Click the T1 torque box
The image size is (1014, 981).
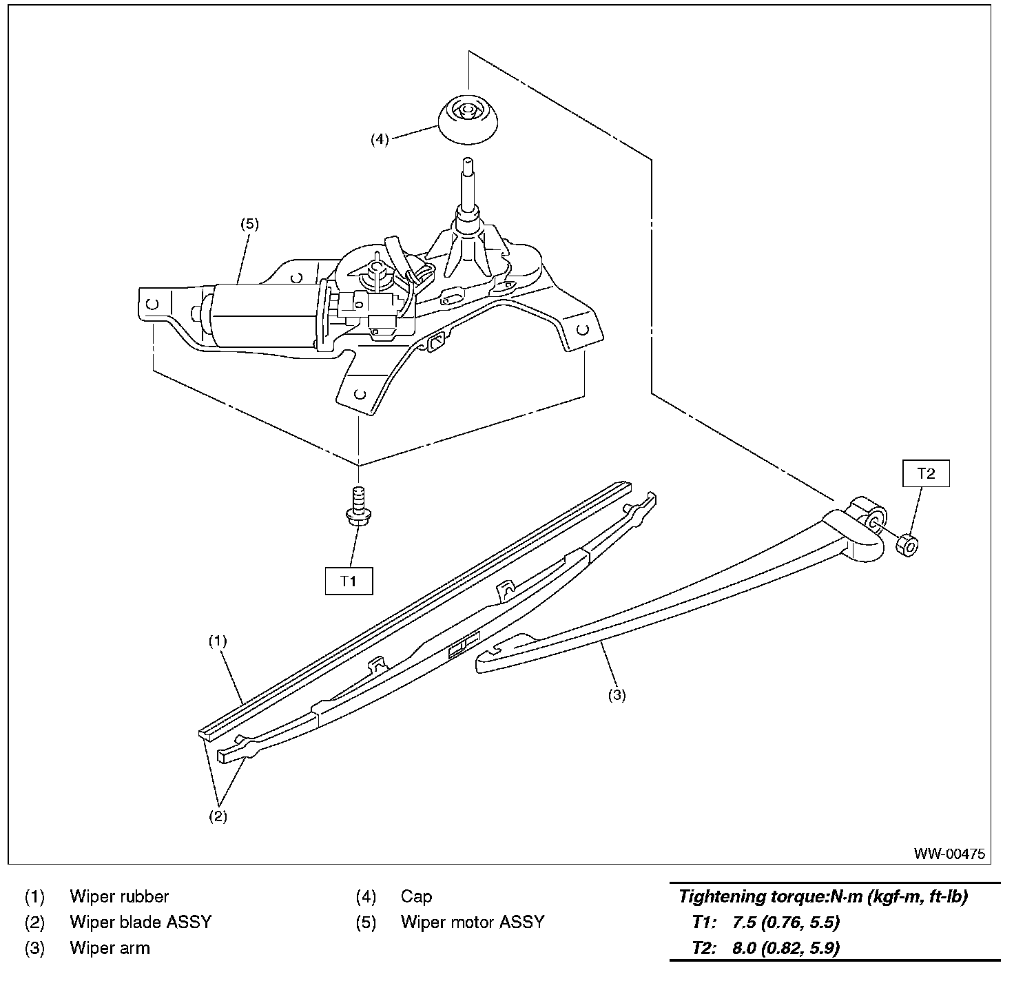tap(349, 581)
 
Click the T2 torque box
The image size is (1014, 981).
tap(926, 473)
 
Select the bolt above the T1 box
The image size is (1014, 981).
tap(358, 506)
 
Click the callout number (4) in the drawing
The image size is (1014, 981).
tap(380, 139)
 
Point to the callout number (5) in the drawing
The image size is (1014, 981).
tap(249, 224)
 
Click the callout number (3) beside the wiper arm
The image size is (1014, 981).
tap(617, 695)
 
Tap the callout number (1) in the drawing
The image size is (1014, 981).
tap(218, 641)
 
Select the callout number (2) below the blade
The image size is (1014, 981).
tap(218, 817)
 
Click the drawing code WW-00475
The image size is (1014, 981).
tap(949, 854)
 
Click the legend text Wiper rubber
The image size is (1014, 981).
tap(119, 896)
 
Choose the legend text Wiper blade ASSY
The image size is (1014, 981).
tap(141, 922)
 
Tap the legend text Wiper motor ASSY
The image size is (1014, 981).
tap(473, 922)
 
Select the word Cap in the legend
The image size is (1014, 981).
tap(416, 896)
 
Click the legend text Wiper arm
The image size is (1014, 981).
tap(110, 948)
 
